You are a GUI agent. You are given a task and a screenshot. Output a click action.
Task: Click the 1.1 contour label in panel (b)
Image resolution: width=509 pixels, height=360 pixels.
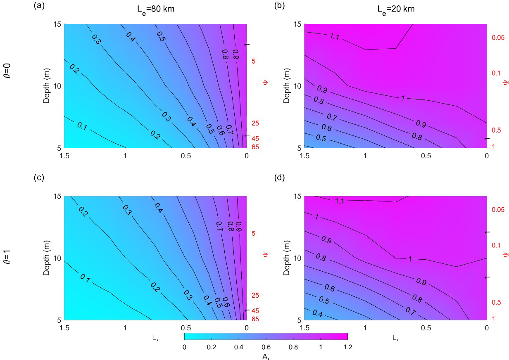[335, 37]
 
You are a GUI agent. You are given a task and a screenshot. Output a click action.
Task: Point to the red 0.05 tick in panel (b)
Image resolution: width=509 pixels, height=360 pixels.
[499, 38]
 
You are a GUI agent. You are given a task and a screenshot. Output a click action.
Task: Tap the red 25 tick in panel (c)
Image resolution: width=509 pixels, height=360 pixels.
[255, 295]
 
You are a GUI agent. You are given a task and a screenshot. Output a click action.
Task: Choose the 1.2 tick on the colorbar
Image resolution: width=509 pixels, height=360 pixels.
[347, 347]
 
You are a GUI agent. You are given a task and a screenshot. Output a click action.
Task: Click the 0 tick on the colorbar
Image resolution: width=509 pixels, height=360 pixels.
[185, 347]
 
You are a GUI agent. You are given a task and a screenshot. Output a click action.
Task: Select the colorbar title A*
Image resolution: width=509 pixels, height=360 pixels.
[266, 356]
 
